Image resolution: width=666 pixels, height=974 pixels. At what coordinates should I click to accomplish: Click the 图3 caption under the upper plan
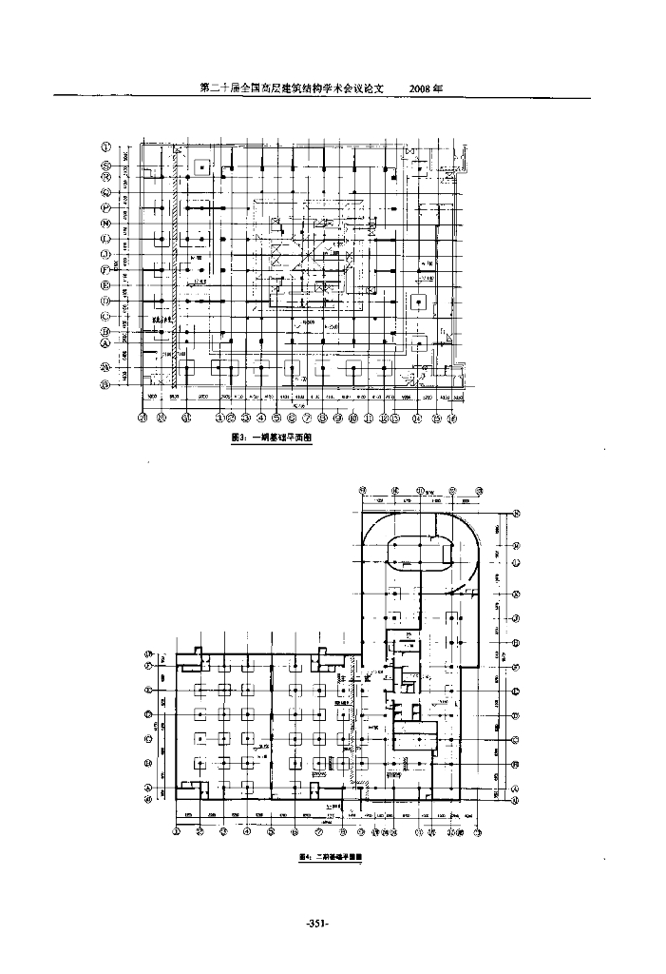(273, 438)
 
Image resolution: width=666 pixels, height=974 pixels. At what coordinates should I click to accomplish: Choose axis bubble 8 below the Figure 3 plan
(323, 417)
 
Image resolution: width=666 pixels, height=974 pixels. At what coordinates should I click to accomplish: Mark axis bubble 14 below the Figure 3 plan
(416, 417)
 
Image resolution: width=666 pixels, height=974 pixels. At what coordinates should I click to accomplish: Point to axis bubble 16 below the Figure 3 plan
(452, 417)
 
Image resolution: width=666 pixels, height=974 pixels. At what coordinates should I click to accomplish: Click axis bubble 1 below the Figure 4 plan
(177, 830)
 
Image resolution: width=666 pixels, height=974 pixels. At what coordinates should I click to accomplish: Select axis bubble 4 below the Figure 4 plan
(247, 830)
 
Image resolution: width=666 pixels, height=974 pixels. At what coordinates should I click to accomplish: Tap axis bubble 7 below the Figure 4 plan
(318, 830)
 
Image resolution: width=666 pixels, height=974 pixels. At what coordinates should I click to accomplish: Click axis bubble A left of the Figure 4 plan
(148, 788)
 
